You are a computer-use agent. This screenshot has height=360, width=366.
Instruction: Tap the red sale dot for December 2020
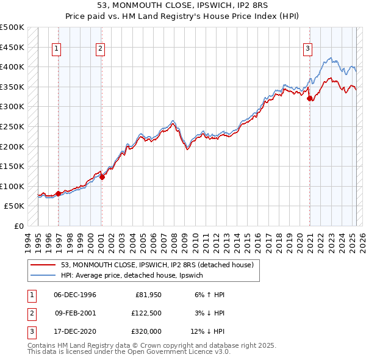click(309, 98)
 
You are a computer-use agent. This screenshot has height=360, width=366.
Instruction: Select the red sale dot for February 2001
click(102, 177)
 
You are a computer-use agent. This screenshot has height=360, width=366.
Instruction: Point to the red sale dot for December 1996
click(59, 193)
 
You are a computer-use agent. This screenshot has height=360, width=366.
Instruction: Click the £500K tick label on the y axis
click(12, 27)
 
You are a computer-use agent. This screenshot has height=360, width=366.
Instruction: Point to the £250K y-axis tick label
click(12, 126)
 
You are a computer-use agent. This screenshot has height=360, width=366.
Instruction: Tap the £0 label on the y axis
click(18, 226)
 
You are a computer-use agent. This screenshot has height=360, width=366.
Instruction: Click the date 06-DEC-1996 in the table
click(75, 295)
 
